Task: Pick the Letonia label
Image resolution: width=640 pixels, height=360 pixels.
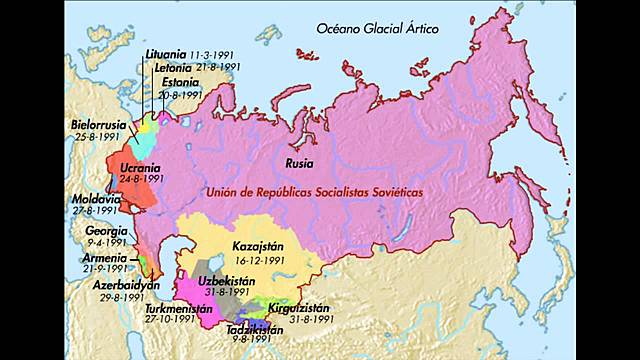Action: click(176, 66)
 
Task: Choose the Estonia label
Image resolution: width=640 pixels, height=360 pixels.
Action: click(181, 82)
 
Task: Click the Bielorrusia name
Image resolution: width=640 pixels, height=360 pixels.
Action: click(98, 125)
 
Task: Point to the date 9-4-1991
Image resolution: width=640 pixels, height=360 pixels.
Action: click(105, 241)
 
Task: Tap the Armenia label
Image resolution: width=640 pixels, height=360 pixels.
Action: click(103, 257)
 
